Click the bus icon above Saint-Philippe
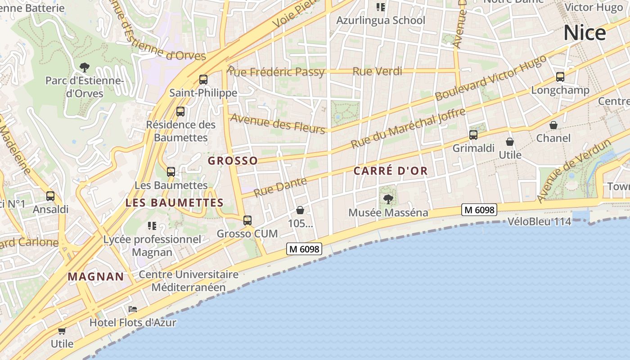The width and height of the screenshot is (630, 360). tap(203, 80)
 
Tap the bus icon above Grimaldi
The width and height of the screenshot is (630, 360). tap(473, 135)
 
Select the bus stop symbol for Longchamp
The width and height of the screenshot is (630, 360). tap(560, 77)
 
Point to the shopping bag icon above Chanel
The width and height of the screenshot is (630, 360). tap(553, 125)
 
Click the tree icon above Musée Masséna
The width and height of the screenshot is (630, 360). tap(388, 199)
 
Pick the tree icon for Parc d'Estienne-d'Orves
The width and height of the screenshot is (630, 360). tap(84, 68)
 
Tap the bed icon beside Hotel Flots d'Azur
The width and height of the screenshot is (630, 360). tap(132, 309)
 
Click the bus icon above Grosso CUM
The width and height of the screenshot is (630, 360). tap(247, 220)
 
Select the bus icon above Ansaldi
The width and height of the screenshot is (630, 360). tap(50, 196)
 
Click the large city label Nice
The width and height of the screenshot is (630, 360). tap(585, 33)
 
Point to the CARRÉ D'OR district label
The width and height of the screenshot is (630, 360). tap(390, 171)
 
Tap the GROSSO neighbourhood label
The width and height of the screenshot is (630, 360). tap(233, 161)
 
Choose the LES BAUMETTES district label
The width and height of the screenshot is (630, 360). tap(175, 203)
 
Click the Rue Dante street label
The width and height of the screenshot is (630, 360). tap(280, 187)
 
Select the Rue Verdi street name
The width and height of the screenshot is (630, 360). tap(377, 71)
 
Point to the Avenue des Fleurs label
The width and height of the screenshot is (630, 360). tap(277, 123)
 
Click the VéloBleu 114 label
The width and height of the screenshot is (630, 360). tap(539, 221)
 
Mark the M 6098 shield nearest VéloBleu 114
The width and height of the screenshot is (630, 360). tap(479, 210)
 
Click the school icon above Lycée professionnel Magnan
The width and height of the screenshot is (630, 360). tap(152, 225)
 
